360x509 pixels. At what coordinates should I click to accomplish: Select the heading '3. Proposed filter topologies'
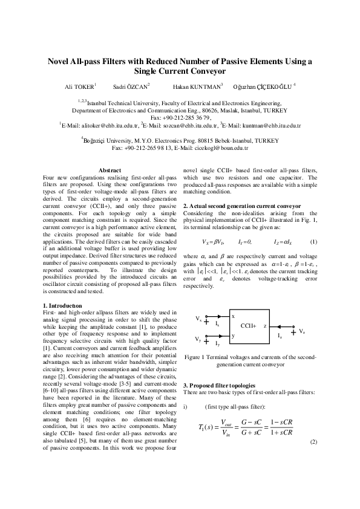[219, 385]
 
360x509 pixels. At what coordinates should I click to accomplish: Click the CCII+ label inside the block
[248, 325]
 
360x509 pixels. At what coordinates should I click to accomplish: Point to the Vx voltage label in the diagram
[198, 318]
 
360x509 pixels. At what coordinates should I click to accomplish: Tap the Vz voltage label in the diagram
[302, 331]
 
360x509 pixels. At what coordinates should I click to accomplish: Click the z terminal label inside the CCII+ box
[265, 325]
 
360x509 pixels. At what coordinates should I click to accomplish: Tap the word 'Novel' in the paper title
[62, 61]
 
